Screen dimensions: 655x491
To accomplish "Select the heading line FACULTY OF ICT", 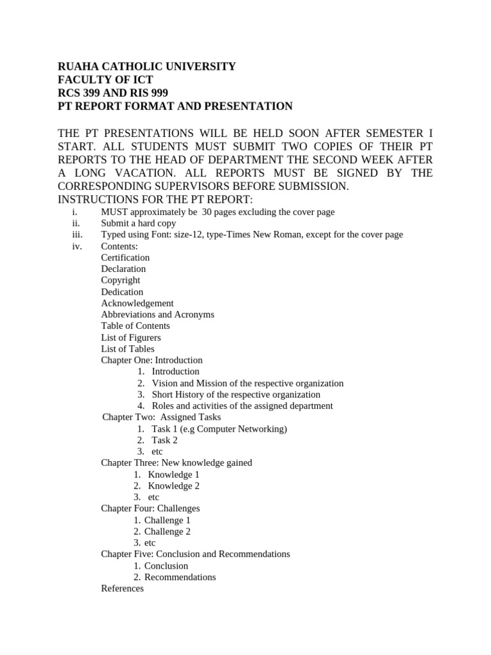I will (105, 80).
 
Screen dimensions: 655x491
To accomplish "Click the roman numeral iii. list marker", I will (79, 235).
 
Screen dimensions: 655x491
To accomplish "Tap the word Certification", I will (125, 258).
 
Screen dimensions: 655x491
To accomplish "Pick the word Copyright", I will (120, 280).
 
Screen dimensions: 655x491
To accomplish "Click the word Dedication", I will (122, 292).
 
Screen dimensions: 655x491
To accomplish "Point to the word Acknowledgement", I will (137, 303).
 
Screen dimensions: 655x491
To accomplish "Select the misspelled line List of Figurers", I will (130, 337).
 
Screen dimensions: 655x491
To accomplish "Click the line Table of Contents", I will (135, 326).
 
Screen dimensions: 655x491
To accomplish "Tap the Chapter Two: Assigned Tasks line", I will (161, 417).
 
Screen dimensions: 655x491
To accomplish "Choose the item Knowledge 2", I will (173, 485).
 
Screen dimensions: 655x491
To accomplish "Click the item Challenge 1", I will (167, 520).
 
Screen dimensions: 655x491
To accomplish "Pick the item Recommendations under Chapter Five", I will (180, 577).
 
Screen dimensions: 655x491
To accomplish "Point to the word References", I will (122, 588).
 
